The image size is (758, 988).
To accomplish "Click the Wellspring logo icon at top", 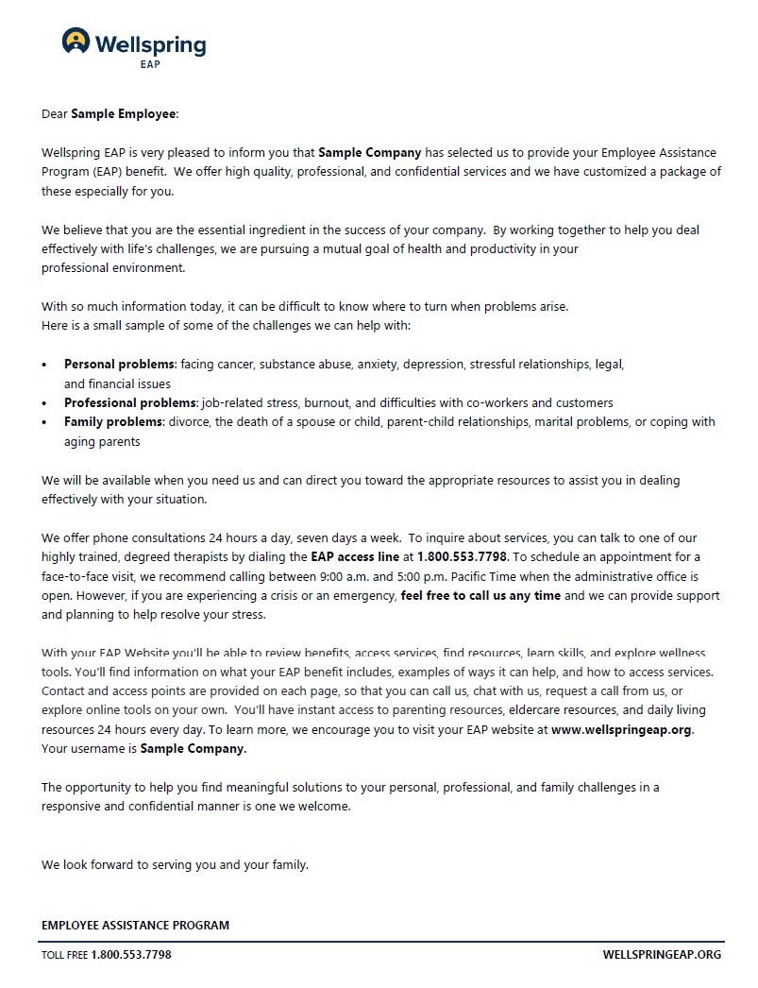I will pyautogui.click(x=76, y=41).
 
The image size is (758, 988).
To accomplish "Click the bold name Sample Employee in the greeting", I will pyautogui.click(x=124, y=114).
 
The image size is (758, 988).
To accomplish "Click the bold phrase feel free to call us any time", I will pyautogui.click(x=480, y=595).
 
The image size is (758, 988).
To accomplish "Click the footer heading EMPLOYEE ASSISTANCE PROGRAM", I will pyautogui.click(x=135, y=925).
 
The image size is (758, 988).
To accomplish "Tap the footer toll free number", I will pyautogui.click(x=131, y=954).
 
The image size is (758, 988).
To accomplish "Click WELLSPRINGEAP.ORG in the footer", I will pyautogui.click(x=662, y=954).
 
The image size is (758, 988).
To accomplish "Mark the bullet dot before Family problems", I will pyautogui.click(x=44, y=422).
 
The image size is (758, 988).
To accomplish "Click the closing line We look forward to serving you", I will pyautogui.click(x=175, y=864).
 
